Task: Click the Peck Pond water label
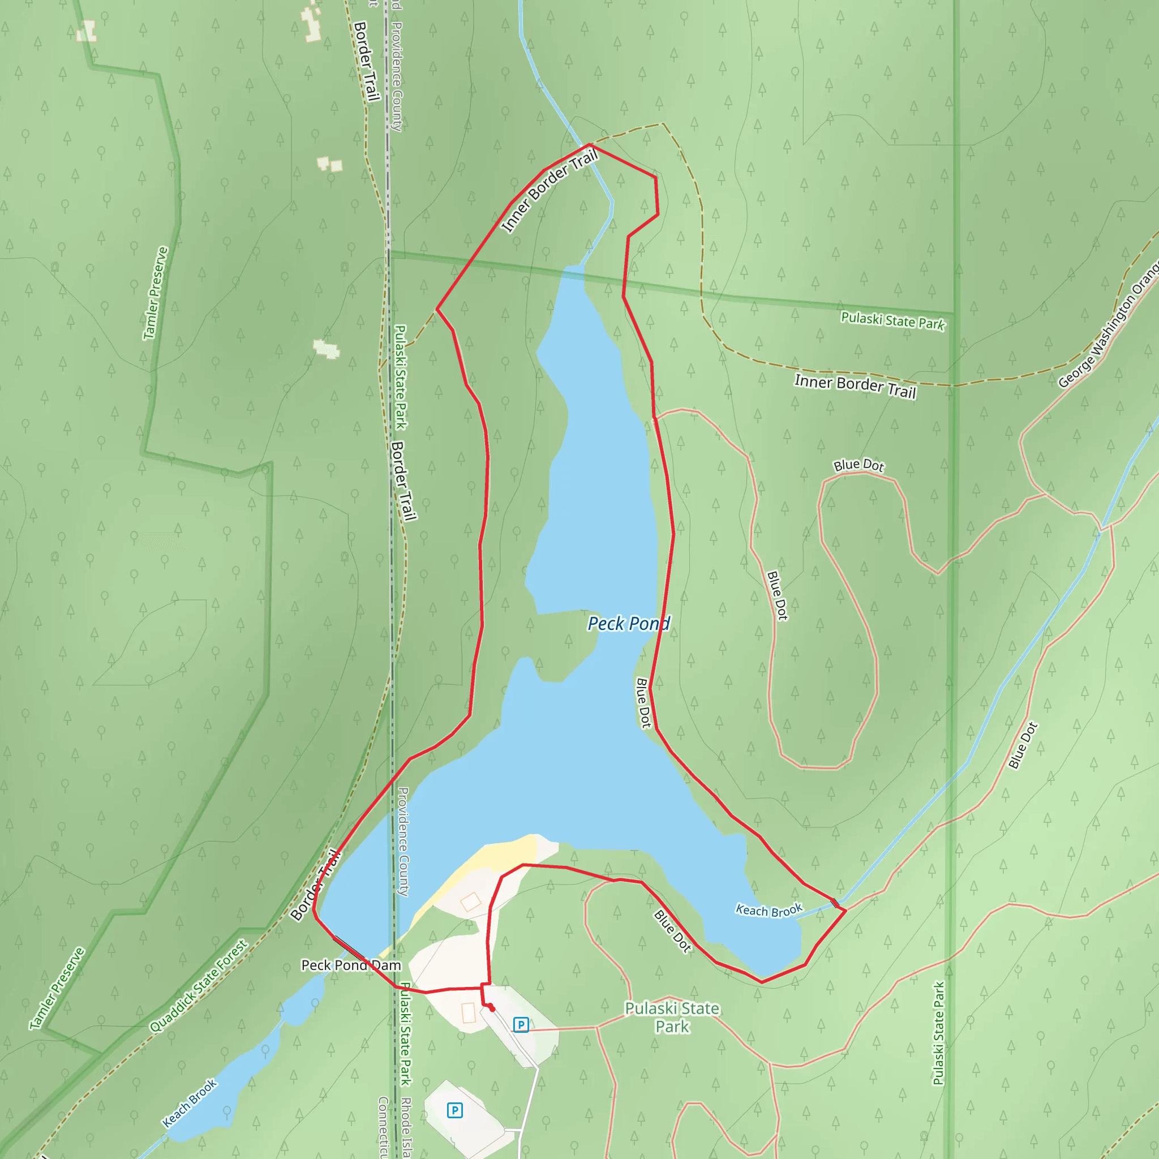(x=628, y=624)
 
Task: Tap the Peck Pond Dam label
(x=351, y=965)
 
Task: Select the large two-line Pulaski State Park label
(x=672, y=1018)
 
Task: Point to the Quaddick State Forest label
(x=199, y=986)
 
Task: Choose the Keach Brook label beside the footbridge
(x=769, y=911)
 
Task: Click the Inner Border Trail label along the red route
(x=550, y=191)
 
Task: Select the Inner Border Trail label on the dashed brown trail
(x=855, y=386)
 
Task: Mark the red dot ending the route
(x=492, y=1009)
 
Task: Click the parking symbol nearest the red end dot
(x=521, y=1025)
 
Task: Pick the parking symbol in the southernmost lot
(x=455, y=1110)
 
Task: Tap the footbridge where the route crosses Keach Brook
(x=835, y=902)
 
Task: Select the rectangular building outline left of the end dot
(x=469, y=1013)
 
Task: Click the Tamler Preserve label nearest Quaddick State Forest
(x=58, y=989)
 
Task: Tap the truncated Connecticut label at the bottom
(x=383, y=1128)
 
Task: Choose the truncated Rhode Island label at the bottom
(x=406, y=1128)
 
